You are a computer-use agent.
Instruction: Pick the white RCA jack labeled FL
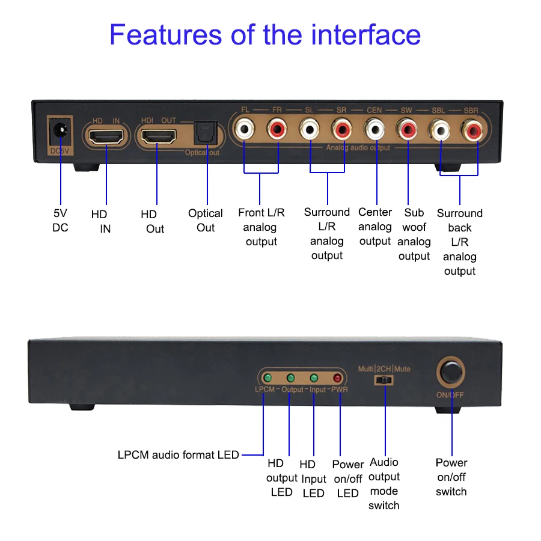(x=245, y=129)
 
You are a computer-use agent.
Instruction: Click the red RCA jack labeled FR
(x=278, y=129)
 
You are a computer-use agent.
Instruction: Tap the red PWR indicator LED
(x=338, y=378)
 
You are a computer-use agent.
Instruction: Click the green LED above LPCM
(x=267, y=378)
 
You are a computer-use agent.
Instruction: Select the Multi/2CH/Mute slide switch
(x=384, y=380)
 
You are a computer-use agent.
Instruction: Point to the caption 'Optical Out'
(x=206, y=221)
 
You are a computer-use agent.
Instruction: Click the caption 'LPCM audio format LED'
(x=179, y=455)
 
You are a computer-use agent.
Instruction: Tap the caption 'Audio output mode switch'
(x=384, y=484)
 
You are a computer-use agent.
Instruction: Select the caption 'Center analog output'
(x=375, y=227)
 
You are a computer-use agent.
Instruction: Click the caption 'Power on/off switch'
(x=451, y=477)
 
